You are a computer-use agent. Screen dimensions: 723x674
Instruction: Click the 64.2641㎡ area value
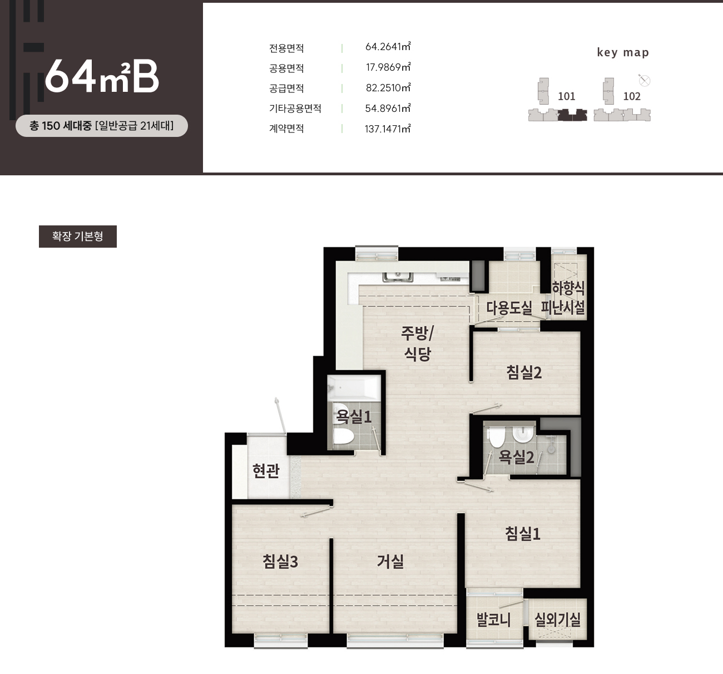click(388, 47)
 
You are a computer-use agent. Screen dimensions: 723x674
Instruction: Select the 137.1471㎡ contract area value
click(388, 129)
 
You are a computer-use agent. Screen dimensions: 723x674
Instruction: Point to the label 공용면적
click(286, 68)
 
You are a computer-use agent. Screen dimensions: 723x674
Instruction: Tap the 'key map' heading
click(623, 52)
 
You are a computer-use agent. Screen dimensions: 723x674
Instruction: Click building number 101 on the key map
click(567, 96)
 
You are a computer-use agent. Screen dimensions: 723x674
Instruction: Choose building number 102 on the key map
click(632, 96)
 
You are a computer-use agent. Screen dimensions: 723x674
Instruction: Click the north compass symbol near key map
click(645, 81)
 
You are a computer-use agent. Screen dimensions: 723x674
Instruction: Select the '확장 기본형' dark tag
click(78, 237)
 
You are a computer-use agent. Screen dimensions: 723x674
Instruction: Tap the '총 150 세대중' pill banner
click(102, 126)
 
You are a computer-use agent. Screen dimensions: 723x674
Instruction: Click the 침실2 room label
click(524, 372)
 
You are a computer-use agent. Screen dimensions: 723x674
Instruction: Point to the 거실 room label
click(390, 562)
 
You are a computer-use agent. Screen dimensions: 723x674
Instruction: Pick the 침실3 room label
click(280, 562)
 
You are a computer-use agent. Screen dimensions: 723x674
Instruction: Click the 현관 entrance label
click(266, 470)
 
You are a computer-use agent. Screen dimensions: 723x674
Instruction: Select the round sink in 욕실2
click(523, 434)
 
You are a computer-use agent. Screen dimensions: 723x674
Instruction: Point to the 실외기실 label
click(557, 619)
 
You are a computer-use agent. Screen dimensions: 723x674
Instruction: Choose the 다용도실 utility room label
click(509, 308)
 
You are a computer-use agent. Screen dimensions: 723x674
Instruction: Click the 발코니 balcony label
click(494, 619)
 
